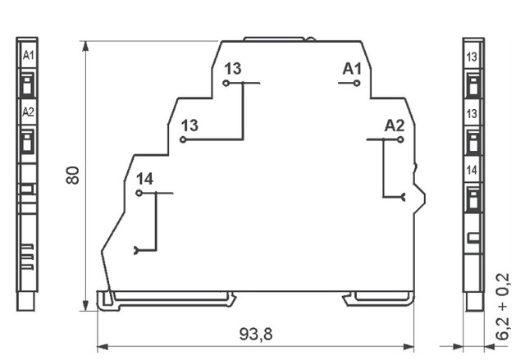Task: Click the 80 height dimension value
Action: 72,175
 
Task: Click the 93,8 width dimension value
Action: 256,334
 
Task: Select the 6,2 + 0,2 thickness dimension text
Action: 503,307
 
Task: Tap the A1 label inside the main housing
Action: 352,69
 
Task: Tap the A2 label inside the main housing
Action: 395,125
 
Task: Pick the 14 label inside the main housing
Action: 144,180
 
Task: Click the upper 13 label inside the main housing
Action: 233,69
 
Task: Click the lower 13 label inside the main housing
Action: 189,125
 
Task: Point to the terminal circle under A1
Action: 357,83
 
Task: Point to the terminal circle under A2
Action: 400,139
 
